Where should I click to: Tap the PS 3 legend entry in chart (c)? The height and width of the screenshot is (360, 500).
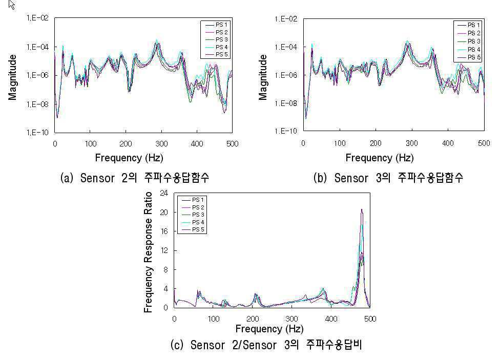pyautogui.click(x=193, y=215)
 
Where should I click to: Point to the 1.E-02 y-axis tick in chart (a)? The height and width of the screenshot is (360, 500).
pyautogui.click(x=37, y=18)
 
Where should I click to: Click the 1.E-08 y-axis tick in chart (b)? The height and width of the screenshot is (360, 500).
pyautogui.click(x=286, y=103)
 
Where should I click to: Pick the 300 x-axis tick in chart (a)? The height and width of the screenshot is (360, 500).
pyautogui.click(x=161, y=144)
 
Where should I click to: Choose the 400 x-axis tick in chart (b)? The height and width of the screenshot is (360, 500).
pyautogui.click(x=448, y=143)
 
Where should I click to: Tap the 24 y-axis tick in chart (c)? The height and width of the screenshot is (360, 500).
pyautogui.click(x=164, y=193)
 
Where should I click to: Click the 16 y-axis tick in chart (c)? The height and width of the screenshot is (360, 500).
pyautogui.click(x=164, y=231)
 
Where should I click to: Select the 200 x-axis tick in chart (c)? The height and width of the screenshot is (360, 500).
pyautogui.click(x=253, y=319)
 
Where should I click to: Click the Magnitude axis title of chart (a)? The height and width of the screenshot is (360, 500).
pyautogui.click(x=12, y=77)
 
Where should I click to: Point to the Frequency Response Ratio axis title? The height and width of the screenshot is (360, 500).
pyautogui.click(x=148, y=252)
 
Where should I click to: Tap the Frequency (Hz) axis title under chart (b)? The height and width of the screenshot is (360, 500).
pyautogui.click(x=380, y=158)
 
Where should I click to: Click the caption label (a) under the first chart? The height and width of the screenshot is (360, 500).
pyautogui.click(x=67, y=178)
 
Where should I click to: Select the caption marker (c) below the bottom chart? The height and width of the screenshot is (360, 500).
pyautogui.click(x=177, y=345)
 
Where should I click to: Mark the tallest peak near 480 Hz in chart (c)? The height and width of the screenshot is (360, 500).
pyautogui.click(x=362, y=209)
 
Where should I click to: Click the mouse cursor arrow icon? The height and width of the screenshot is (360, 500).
pyautogui.click(x=11, y=5)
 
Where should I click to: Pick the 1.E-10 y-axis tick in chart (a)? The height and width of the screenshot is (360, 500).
pyautogui.click(x=37, y=132)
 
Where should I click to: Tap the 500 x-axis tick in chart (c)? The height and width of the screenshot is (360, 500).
pyautogui.click(x=370, y=319)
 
